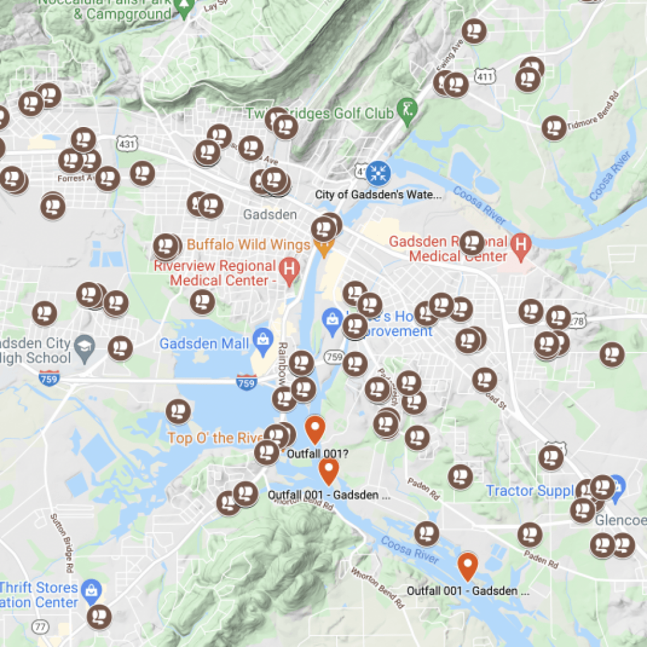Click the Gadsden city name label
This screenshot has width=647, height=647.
270,215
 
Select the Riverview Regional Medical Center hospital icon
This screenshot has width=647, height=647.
289,268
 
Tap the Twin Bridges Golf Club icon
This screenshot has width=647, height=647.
404,109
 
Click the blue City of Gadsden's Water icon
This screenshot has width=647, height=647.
378,171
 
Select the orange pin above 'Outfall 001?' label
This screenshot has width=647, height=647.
315,429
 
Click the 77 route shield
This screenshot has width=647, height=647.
41,626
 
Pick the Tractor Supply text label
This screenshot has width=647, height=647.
529,491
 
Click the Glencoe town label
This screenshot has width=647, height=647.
621,520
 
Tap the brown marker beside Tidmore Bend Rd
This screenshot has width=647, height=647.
553,128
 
